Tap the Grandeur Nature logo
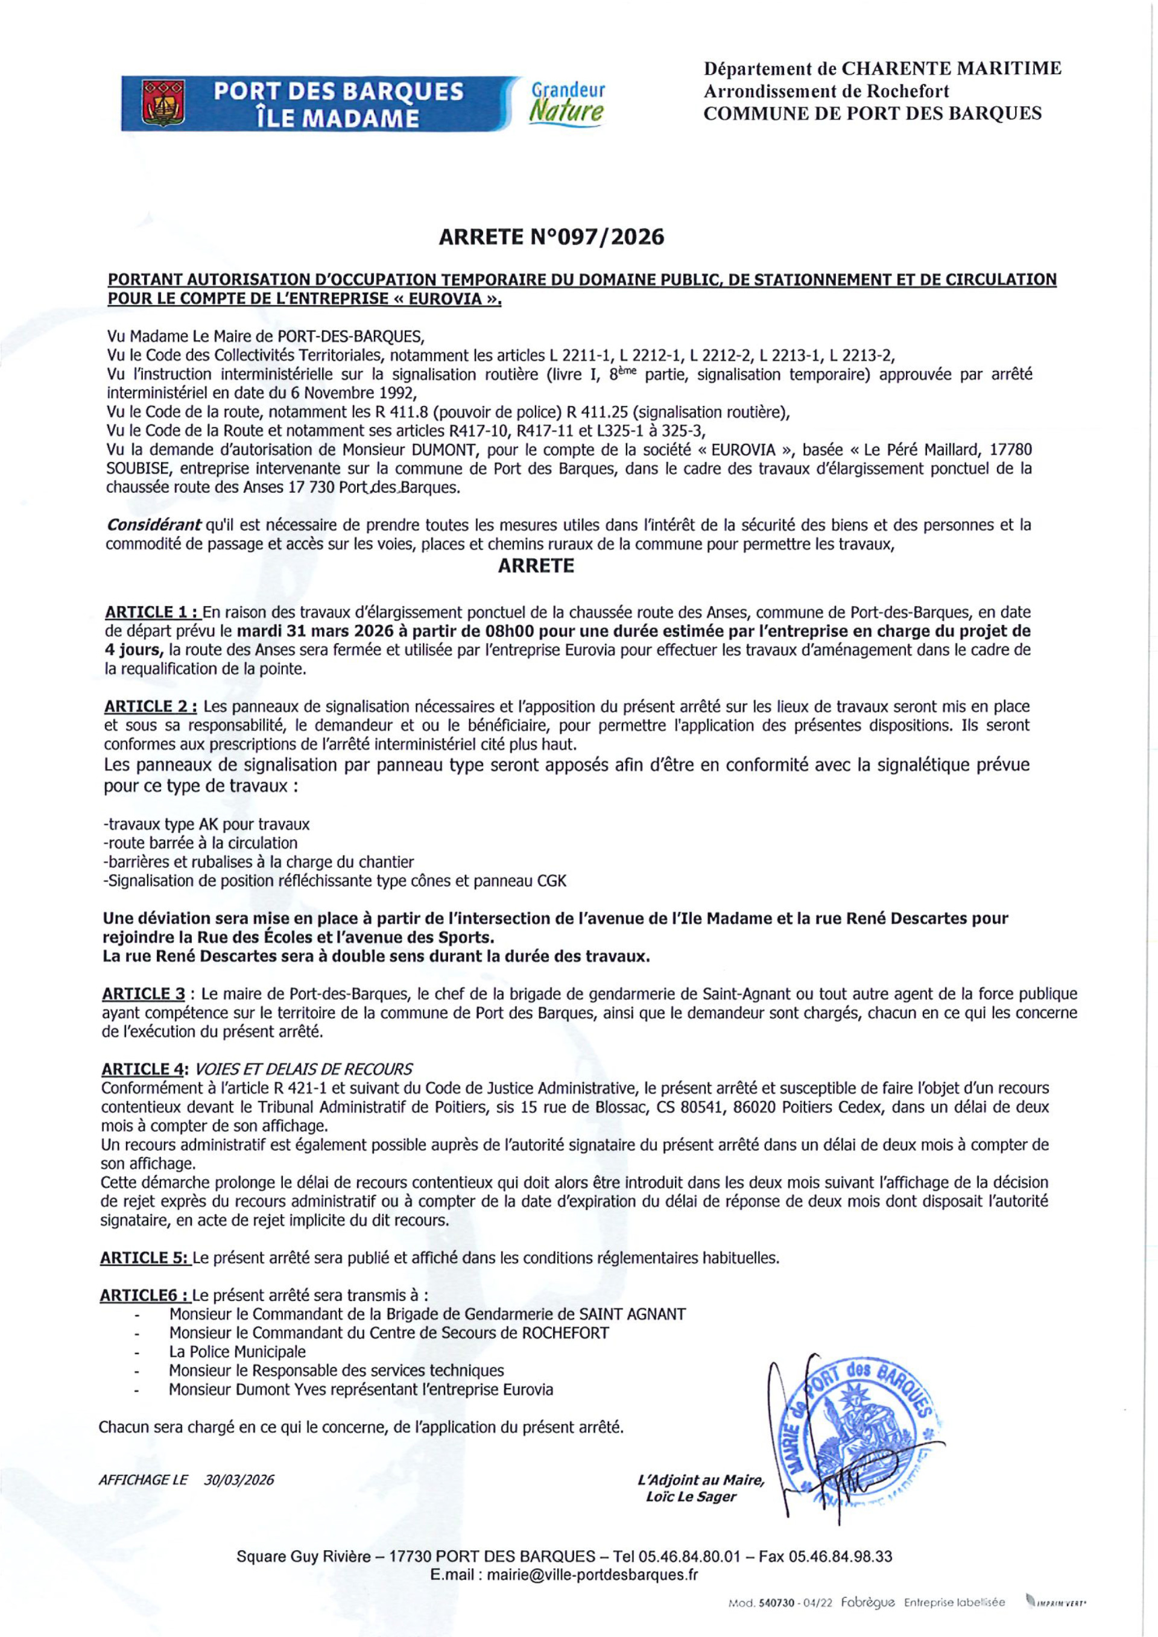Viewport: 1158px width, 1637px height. [x=568, y=102]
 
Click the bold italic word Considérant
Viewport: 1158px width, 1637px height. [x=153, y=525]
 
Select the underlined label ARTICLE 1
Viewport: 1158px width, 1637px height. [x=151, y=612]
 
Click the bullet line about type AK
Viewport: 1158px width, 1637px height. [x=207, y=824]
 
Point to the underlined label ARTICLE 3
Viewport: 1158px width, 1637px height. [x=144, y=994]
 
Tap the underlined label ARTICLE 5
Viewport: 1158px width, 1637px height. [x=145, y=1258]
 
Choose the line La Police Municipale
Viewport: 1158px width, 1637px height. [x=237, y=1352]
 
